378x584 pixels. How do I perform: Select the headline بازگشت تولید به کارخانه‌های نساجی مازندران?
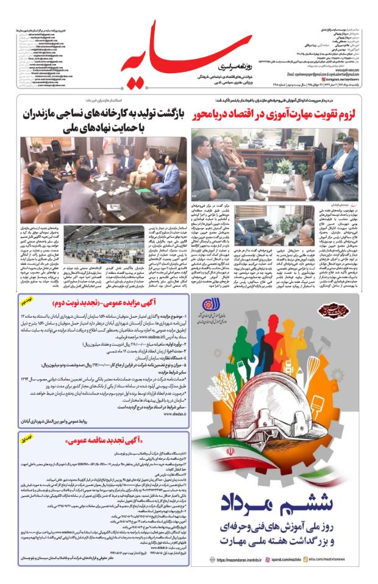point(98,114)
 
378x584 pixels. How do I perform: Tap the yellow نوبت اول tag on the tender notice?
point(27,438)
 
